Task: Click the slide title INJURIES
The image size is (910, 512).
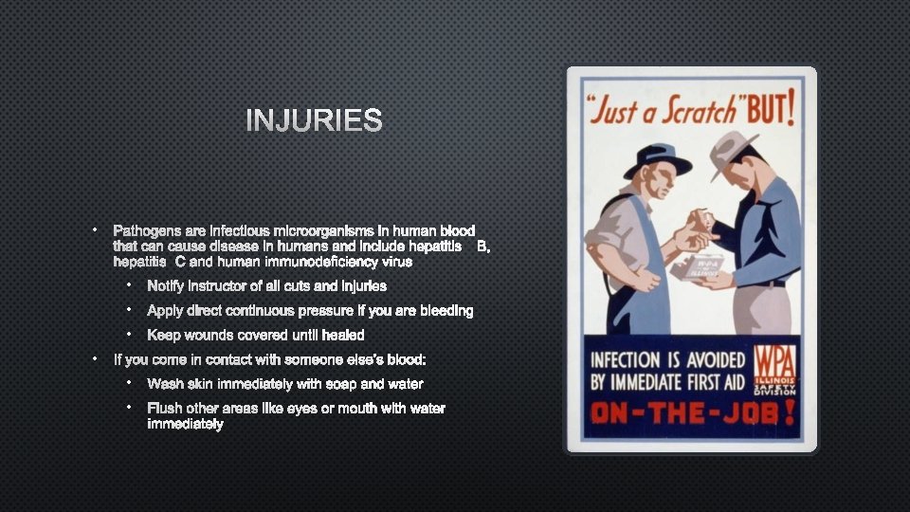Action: click(x=314, y=121)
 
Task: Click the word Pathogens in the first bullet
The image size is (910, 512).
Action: click(x=143, y=231)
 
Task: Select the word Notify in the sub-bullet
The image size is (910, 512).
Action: click(x=167, y=285)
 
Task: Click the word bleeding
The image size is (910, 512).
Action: click(x=444, y=310)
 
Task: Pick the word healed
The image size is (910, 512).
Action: click(x=343, y=335)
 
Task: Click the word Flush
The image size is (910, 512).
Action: click(x=165, y=409)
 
